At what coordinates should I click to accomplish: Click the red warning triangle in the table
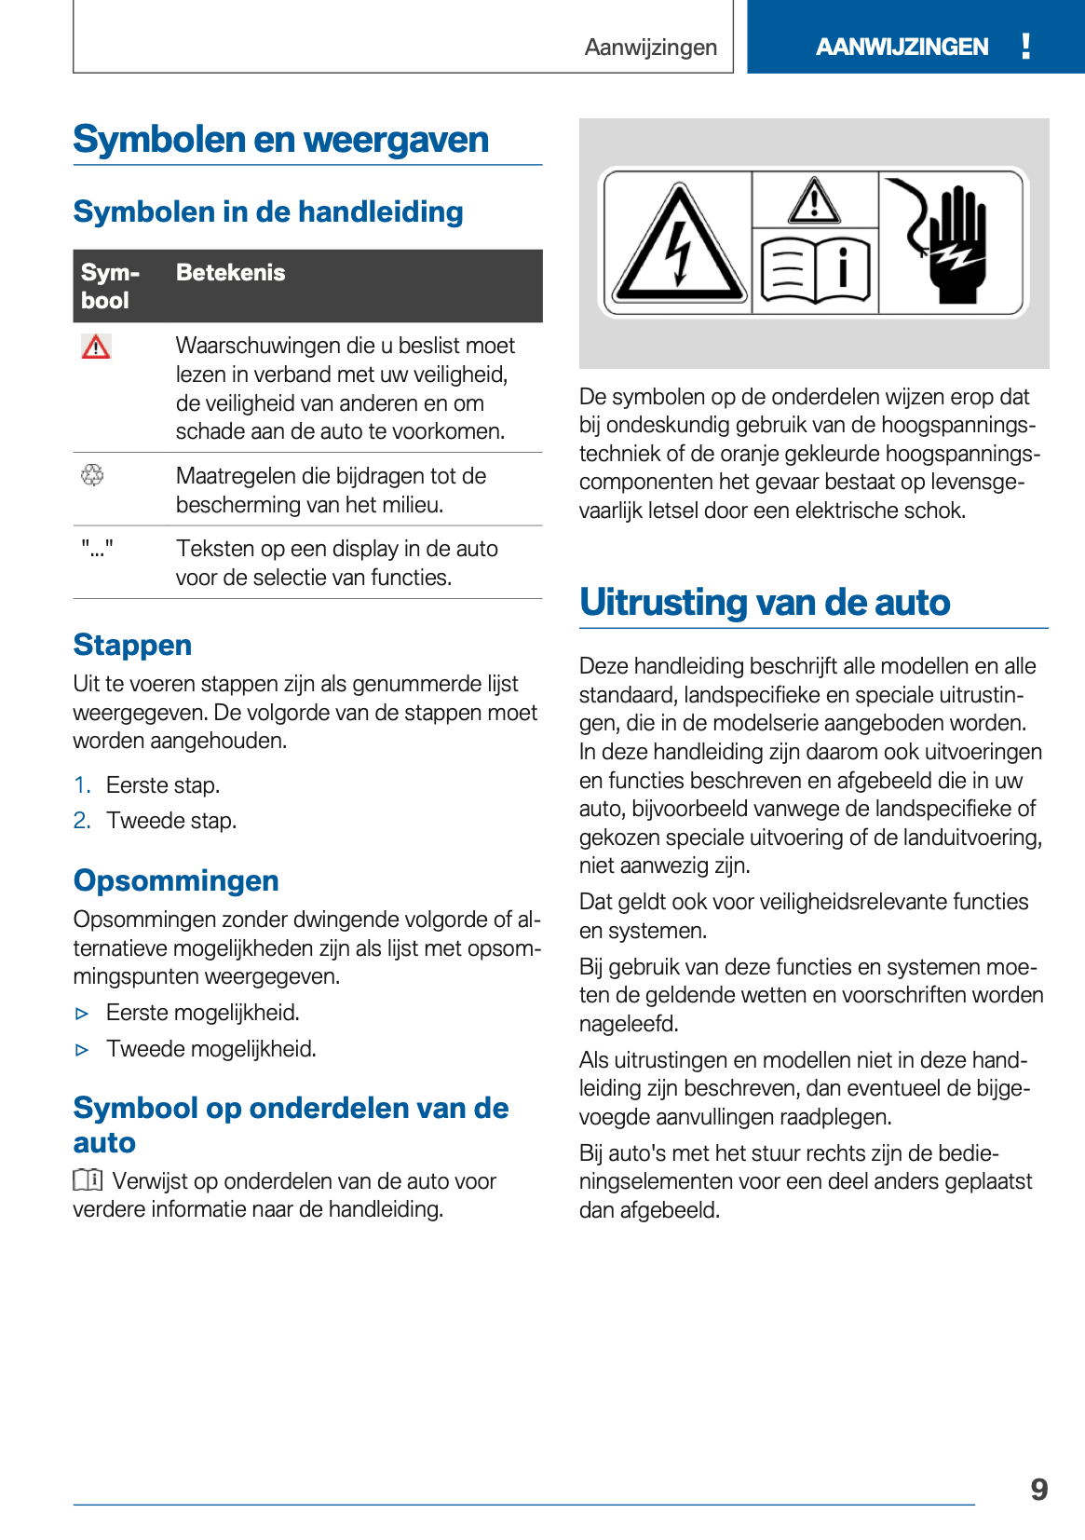tap(96, 348)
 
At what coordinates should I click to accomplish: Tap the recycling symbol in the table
tap(92, 475)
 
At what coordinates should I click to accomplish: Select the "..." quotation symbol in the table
tap(97, 549)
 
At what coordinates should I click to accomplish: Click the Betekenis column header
tap(230, 273)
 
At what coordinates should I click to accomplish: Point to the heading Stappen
tap(132, 645)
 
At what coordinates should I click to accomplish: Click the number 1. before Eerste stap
tap(82, 785)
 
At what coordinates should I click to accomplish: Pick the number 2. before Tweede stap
tap(82, 821)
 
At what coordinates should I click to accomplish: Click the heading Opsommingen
tap(176, 880)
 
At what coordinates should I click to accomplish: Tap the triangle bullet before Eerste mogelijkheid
tap(82, 1014)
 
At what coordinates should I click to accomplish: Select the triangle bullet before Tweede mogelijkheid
tap(82, 1050)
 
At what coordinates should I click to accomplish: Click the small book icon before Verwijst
tap(88, 1180)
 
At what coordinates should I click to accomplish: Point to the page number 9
tap(1039, 1490)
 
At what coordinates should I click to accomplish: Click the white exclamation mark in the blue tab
tap(1025, 46)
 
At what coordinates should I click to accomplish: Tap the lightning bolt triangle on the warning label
tap(679, 245)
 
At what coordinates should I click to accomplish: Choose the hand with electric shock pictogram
tap(952, 242)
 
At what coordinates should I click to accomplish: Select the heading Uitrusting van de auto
tap(764, 602)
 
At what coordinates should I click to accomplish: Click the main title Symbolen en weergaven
tap(280, 140)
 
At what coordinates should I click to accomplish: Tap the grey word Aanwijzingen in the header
tap(650, 48)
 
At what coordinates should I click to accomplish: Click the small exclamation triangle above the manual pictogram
tap(815, 201)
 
